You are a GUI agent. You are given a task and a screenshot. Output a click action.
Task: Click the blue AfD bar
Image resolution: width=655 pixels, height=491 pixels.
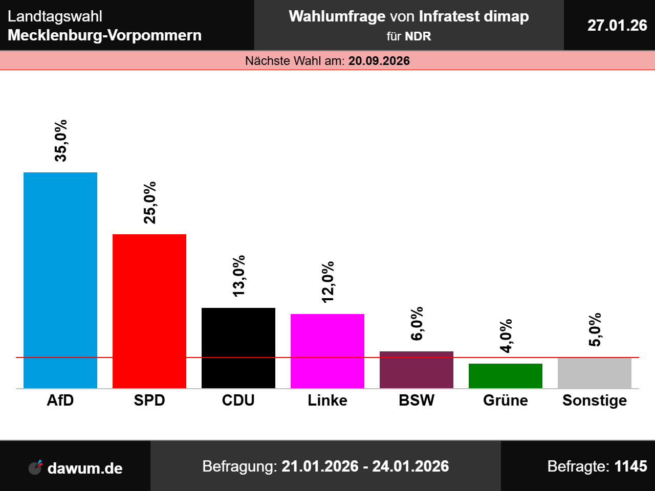pos(60,280)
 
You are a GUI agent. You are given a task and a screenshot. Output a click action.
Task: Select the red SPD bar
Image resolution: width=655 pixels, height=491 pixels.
pos(149,311)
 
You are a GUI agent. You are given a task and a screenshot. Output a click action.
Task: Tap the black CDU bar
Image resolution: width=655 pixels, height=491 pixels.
pos(238,348)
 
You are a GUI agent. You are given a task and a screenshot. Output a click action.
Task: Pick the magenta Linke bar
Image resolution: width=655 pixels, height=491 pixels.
pos(327,351)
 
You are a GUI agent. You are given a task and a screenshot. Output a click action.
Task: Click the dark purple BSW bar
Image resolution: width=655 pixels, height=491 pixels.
pos(417,370)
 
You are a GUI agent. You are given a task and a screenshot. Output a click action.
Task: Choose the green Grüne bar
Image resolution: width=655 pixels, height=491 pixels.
pos(506,376)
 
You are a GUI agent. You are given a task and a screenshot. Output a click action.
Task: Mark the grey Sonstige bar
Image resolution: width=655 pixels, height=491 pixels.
pos(595,373)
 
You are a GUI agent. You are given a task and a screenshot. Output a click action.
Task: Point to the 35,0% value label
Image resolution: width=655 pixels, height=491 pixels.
pos(61,141)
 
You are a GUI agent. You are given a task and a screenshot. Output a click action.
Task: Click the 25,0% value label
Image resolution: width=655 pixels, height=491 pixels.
pos(150,203)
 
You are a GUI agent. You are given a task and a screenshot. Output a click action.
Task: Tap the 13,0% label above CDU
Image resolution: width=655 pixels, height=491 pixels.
pos(239,276)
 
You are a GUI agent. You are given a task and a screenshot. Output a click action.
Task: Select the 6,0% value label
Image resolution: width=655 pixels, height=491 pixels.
pos(417,323)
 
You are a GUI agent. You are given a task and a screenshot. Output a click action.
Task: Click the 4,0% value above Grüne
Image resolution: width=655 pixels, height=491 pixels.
pos(506,336)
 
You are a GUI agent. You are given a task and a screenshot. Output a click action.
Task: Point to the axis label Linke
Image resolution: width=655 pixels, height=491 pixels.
pos(327,400)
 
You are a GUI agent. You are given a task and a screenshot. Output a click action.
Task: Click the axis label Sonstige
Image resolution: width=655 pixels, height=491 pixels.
pos(595,400)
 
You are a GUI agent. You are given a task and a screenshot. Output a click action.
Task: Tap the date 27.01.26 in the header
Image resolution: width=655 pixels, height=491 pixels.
pos(617,25)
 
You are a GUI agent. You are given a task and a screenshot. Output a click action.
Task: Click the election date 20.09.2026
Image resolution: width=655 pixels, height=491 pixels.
pos(379,61)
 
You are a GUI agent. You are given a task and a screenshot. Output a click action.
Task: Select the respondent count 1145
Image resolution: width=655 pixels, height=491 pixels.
pos(631,466)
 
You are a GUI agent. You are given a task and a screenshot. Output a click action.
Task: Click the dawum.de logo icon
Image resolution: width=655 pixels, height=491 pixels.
pos(35,467)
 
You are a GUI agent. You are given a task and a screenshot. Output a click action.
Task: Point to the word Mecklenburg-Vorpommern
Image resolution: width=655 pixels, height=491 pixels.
pos(105,35)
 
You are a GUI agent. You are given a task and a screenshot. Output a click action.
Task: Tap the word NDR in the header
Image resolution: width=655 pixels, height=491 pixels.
pos(418,36)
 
